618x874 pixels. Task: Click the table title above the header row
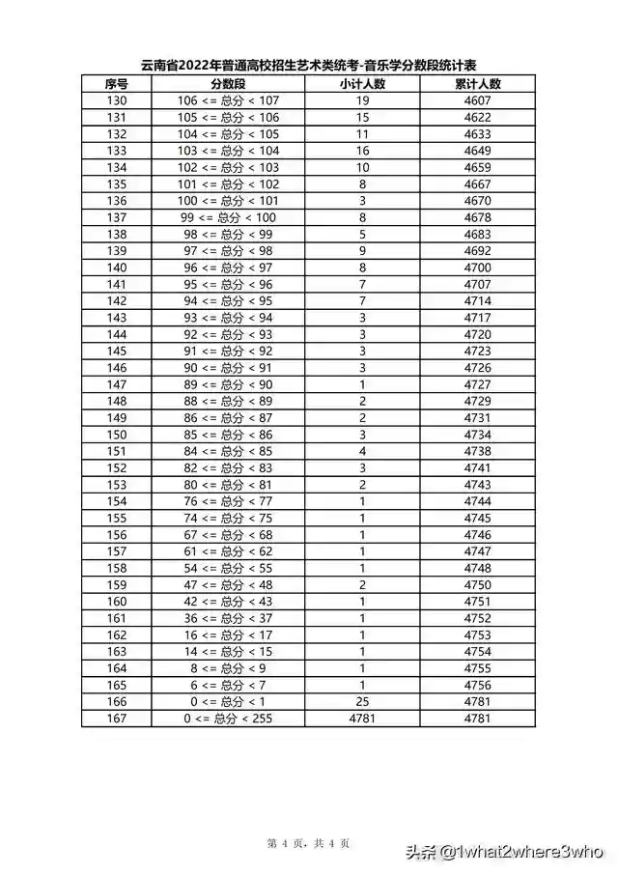[x=309, y=66]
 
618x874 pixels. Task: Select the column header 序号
[x=117, y=84]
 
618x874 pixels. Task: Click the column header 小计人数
[x=362, y=84]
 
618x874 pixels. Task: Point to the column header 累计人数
[x=477, y=84]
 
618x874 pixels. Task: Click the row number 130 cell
[x=117, y=100]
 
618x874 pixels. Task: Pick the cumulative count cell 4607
[x=477, y=100]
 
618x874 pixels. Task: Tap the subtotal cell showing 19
[x=362, y=100]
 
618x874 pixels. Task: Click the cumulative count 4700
[x=477, y=268]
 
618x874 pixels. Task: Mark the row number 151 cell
[x=117, y=451]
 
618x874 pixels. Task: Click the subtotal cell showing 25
[x=362, y=701]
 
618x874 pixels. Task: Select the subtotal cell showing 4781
[x=362, y=719]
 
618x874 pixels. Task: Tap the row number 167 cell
[x=117, y=719]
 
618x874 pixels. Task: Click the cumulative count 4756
[x=477, y=685]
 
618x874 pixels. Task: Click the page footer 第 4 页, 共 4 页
[x=309, y=843]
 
